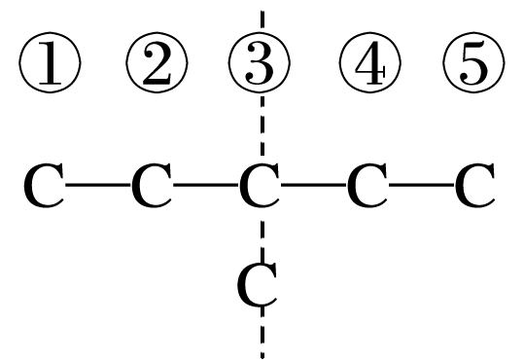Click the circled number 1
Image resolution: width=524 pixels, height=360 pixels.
click(x=49, y=66)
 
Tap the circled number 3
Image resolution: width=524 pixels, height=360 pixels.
click(x=261, y=66)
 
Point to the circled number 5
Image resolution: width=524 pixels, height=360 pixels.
click(x=474, y=66)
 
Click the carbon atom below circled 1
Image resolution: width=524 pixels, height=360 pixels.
click(x=45, y=187)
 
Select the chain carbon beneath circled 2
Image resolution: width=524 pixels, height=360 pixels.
click(x=152, y=187)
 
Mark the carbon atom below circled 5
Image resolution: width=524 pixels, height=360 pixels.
click(x=474, y=187)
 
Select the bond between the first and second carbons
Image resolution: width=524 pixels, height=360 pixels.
click(x=98, y=186)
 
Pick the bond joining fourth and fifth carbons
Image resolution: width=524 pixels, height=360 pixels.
click(x=421, y=186)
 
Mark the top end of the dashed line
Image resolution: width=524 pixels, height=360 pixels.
click(x=261, y=12)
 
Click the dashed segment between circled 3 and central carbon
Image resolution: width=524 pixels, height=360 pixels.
click(x=261, y=126)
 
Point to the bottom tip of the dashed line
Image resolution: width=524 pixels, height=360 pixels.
click(x=261, y=355)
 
